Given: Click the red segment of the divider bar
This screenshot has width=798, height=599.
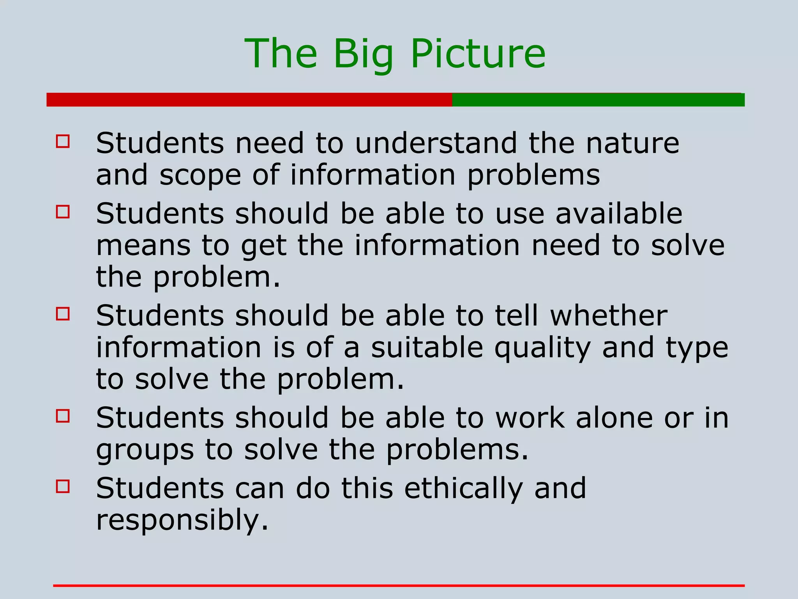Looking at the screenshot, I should (249, 100).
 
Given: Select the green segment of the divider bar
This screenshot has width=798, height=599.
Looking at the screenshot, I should (598, 100).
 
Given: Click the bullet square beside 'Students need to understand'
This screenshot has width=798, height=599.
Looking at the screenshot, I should (63, 141).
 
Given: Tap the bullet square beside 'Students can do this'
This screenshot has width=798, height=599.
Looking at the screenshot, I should (63, 486).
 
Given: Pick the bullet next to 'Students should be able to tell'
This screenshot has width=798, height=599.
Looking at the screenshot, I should (63, 314).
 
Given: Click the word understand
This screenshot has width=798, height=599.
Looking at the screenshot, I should (436, 143).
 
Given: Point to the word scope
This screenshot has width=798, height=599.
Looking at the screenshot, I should (200, 175).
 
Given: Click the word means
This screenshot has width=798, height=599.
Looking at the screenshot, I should (143, 246).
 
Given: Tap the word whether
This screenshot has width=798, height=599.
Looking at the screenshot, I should (609, 315).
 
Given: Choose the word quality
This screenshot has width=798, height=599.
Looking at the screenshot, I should (542, 348).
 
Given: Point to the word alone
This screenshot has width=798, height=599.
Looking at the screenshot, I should (614, 418).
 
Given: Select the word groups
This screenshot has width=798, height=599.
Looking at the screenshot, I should (145, 451).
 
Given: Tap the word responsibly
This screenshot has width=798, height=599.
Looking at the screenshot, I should (182, 521).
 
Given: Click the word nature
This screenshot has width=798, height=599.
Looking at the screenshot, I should (633, 143).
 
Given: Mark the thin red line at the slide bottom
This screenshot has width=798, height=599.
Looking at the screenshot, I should (399, 585).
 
